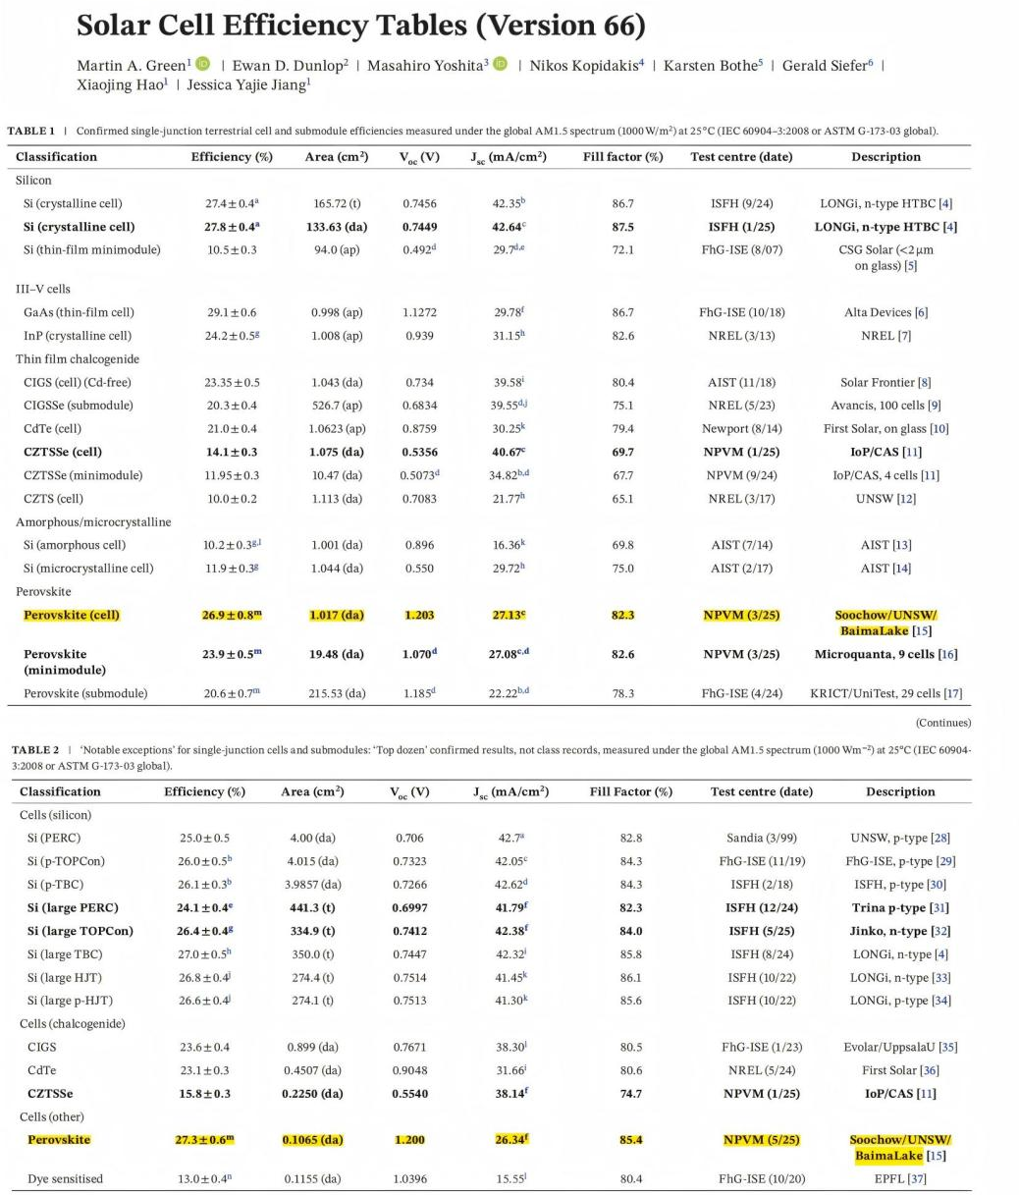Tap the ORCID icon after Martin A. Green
(x=203, y=65)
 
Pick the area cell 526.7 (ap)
(x=337, y=405)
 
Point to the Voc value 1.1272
(x=420, y=312)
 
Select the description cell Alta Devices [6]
(x=885, y=312)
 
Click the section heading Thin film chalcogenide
(x=78, y=359)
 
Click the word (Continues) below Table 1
(x=942, y=724)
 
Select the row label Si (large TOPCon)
(x=80, y=931)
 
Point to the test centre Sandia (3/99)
(x=761, y=838)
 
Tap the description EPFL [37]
(x=899, y=1178)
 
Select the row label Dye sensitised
(x=65, y=1178)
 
